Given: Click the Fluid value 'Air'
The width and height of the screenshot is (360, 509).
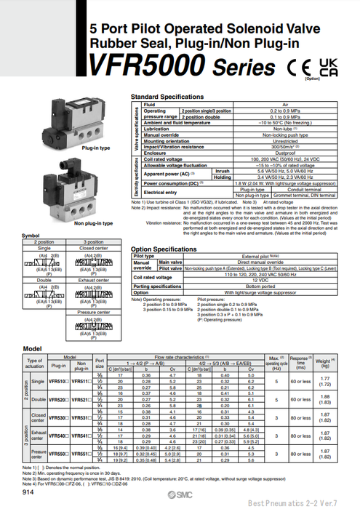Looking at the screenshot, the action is click(276, 105).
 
